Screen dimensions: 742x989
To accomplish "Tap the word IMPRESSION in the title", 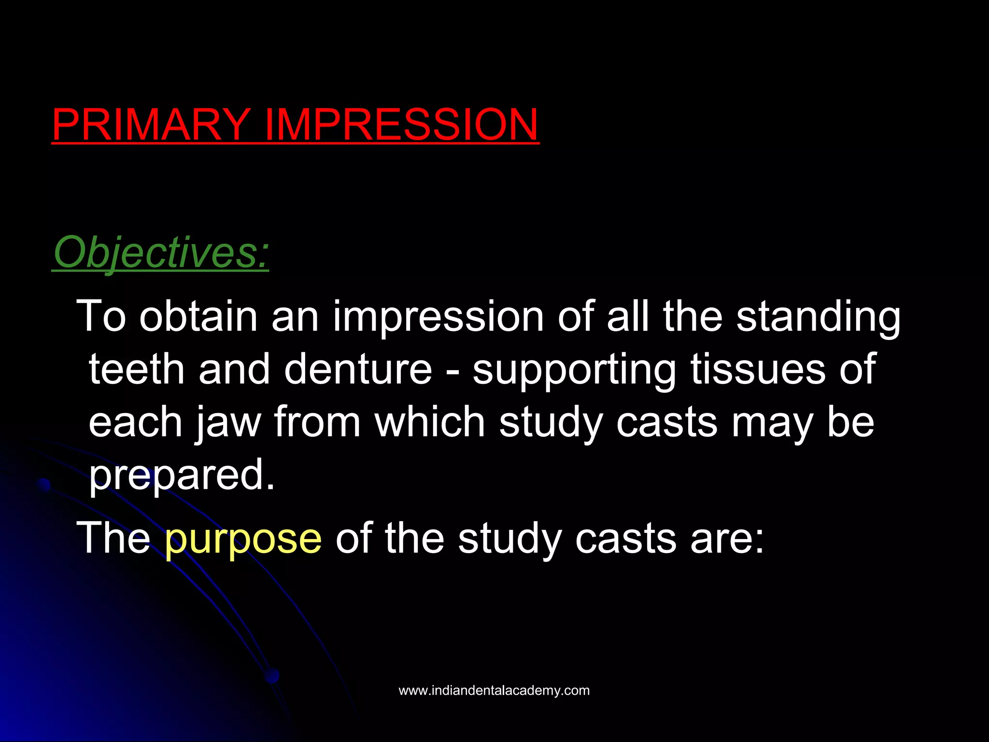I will click(401, 124).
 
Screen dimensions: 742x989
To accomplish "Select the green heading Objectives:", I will click(160, 253).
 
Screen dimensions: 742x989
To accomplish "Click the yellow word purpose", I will click(243, 539).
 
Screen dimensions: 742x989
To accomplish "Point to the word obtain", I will click(198, 316).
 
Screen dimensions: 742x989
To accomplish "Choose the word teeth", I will click(137, 369).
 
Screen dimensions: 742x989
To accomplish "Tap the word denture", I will click(358, 369).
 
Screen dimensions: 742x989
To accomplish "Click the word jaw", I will click(227, 423).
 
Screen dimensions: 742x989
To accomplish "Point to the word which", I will click(430, 422).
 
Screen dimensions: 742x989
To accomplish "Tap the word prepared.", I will click(181, 476).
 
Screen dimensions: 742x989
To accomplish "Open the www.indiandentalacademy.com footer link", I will click(494, 690).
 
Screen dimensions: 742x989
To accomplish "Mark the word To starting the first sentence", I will click(101, 316).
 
